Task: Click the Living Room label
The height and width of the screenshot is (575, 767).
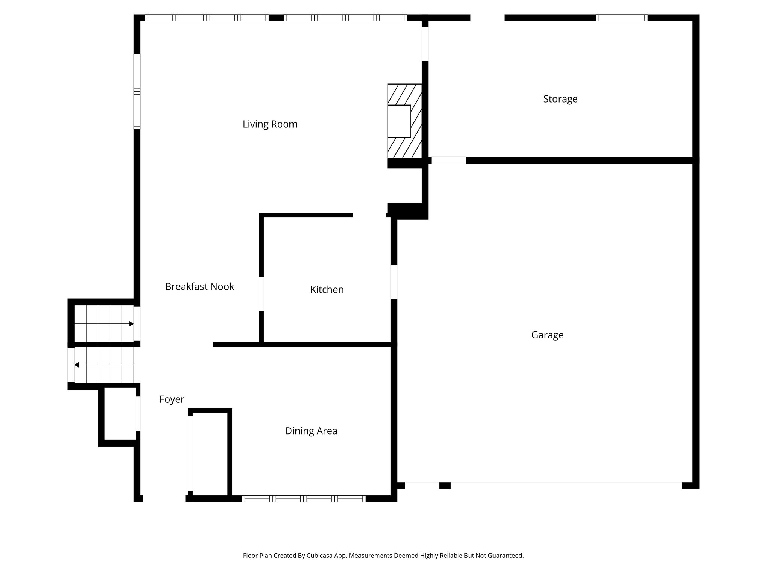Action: pyautogui.click(x=270, y=124)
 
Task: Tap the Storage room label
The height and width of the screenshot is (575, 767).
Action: pyautogui.click(x=560, y=99)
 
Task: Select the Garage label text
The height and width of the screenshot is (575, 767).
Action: pyautogui.click(x=547, y=335)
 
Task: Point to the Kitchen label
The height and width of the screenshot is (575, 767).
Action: pyautogui.click(x=327, y=289)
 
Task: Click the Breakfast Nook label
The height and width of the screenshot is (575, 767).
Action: pyautogui.click(x=199, y=286)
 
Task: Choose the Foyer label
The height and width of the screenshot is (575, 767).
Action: pyautogui.click(x=172, y=399)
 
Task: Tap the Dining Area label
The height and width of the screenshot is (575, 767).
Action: pyautogui.click(x=311, y=431)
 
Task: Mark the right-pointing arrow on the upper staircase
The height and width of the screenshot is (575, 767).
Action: pyautogui.click(x=131, y=324)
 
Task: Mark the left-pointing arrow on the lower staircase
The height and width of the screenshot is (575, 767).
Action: pyautogui.click(x=76, y=365)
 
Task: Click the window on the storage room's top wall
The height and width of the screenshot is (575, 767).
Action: pyautogui.click(x=621, y=18)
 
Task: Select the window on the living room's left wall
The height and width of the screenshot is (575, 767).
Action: pyautogui.click(x=137, y=91)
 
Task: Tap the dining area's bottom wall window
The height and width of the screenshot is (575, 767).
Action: pyautogui.click(x=303, y=498)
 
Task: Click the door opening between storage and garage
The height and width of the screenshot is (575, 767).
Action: pyautogui.click(x=448, y=160)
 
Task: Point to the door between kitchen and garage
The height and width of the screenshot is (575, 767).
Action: pyautogui.click(x=394, y=282)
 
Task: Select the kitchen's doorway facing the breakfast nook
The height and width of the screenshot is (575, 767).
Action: pyautogui.click(x=261, y=294)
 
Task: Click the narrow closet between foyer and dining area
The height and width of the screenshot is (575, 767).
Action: pyautogui.click(x=210, y=453)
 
